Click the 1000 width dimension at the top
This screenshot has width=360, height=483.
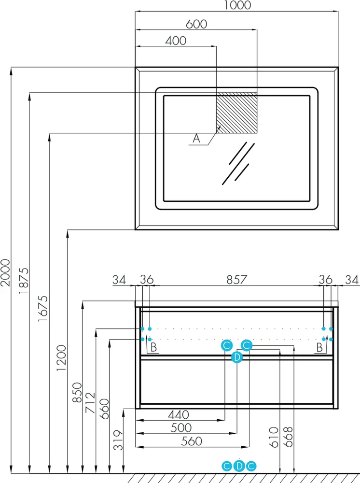point(237,5)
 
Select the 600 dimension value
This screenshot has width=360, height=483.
point(196,24)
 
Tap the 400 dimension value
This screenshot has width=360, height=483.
point(176,41)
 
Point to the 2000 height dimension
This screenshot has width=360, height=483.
point(5,272)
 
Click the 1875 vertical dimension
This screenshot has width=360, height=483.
point(24,280)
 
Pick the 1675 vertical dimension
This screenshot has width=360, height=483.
point(43,309)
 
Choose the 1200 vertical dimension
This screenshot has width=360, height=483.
point(61,358)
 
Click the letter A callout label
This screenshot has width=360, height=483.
point(196,138)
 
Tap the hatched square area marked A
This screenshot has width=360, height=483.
point(236,113)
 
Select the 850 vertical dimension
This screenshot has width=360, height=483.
point(77,392)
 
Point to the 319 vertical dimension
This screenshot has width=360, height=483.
point(118,440)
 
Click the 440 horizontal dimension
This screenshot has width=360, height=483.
point(179,414)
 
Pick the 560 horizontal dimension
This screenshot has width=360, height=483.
point(192,441)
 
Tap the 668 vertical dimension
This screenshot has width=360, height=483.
point(288,437)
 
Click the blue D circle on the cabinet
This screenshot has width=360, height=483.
point(237,357)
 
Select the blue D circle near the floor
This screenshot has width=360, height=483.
point(239,466)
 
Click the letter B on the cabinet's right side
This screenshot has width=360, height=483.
point(319,348)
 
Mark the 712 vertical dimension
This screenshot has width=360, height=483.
point(90,403)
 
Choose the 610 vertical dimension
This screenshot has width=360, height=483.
point(274,437)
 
